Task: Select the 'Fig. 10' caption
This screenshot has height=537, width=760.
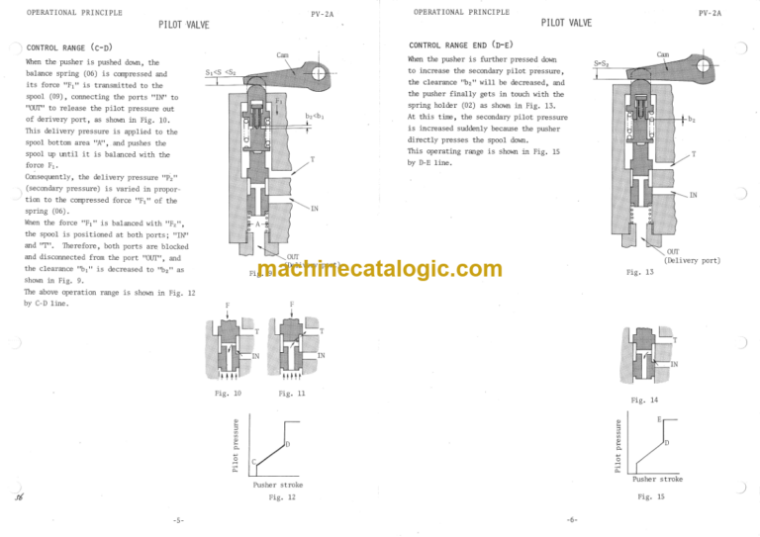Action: click(x=228, y=394)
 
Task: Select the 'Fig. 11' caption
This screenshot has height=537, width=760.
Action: click(x=292, y=394)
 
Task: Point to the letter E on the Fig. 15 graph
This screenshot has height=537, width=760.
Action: click(x=658, y=419)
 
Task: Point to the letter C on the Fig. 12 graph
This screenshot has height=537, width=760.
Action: click(x=253, y=462)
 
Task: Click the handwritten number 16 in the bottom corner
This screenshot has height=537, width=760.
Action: click(x=19, y=500)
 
